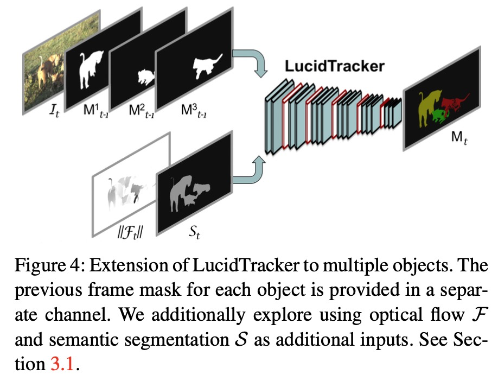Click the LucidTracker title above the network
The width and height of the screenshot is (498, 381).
coord(335,67)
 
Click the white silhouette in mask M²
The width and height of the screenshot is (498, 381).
coord(145,77)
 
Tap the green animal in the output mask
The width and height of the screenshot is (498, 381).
coord(438,115)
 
